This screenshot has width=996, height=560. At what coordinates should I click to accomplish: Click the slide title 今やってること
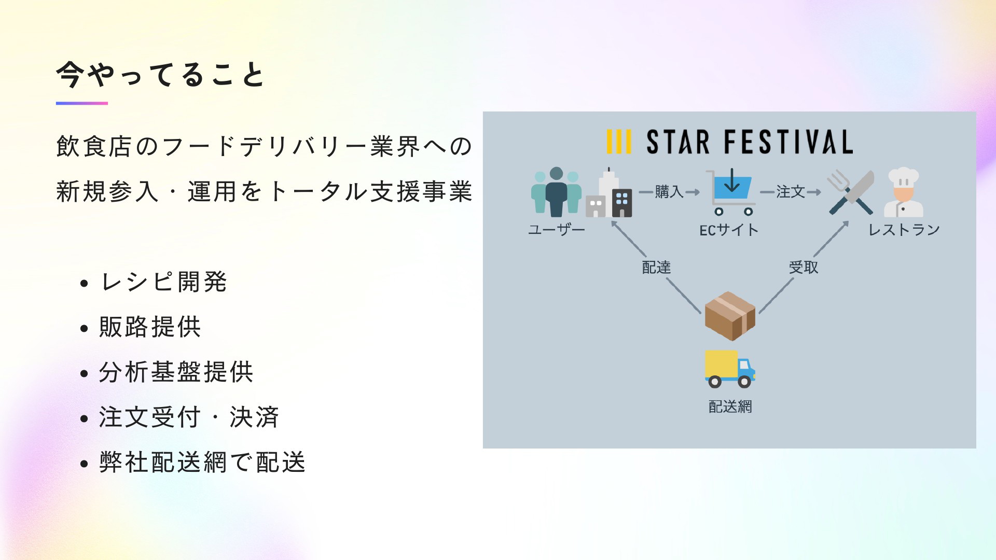click(x=161, y=75)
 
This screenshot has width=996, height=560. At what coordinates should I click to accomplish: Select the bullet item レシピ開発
click(x=163, y=282)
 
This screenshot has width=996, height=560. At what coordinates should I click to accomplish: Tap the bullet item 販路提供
click(x=150, y=327)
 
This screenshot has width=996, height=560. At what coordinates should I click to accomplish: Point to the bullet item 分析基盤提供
click(x=176, y=372)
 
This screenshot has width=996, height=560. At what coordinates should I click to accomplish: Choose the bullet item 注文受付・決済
click(x=189, y=417)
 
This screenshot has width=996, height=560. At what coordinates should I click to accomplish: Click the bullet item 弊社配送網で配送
click(x=202, y=463)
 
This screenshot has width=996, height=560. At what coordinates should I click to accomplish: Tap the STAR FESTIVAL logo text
click(x=750, y=142)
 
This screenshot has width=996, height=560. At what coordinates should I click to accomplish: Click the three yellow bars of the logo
click(x=619, y=142)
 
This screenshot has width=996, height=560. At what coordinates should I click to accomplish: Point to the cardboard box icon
click(x=730, y=316)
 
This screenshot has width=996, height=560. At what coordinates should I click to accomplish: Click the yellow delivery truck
click(x=730, y=369)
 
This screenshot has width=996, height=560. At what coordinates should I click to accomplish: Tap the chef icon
click(x=903, y=192)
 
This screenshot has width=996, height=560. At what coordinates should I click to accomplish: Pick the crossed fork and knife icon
click(x=851, y=192)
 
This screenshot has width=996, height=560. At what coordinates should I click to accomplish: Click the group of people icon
click(x=556, y=192)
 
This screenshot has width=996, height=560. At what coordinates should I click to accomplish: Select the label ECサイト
click(x=729, y=230)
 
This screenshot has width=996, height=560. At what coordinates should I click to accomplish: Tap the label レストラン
click(x=904, y=230)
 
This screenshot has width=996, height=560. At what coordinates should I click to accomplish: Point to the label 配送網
click(x=730, y=407)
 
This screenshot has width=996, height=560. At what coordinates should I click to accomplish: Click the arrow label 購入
click(x=669, y=192)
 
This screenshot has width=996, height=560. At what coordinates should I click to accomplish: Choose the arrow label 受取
click(x=804, y=268)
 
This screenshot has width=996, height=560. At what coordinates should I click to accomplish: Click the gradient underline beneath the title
click(x=82, y=103)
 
